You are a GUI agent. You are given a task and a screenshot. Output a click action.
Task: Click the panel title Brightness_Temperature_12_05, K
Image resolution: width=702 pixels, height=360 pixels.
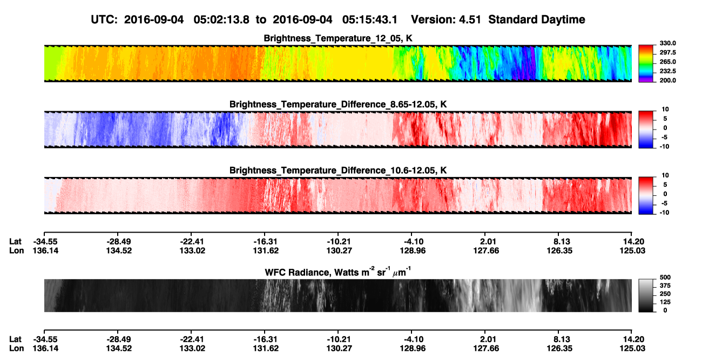click(x=338, y=38)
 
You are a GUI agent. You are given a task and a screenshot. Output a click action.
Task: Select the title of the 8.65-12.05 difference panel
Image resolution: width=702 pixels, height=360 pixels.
click(x=338, y=105)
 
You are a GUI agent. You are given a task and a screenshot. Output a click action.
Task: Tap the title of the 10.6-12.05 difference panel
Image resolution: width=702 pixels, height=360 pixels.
click(x=338, y=171)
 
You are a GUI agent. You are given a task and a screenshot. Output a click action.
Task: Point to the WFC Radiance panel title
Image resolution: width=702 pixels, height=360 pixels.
click(x=338, y=271)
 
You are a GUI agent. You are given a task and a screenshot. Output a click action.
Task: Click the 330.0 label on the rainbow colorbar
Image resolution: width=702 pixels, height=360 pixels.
click(x=667, y=43)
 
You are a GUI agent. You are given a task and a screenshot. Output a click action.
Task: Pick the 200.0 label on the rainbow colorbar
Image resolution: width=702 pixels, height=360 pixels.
click(x=667, y=80)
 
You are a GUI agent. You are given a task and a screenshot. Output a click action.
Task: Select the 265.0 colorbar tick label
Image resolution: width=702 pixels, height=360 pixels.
click(x=667, y=62)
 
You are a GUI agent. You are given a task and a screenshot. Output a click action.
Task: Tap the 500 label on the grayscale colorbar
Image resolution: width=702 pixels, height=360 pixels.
click(x=665, y=277)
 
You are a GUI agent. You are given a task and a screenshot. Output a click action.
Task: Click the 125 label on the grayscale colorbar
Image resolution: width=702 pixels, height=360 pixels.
click(x=665, y=302)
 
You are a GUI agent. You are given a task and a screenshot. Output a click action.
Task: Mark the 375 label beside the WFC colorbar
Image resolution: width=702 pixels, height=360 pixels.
click(x=665, y=286)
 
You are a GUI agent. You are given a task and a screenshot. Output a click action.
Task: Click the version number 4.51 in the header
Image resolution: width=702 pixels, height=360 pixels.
click(x=470, y=20)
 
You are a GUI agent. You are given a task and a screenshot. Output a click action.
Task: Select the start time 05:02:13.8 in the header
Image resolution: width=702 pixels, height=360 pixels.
click(x=221, y=20)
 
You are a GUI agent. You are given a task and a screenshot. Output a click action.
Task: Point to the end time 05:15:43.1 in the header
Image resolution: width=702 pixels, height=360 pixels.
click(x=370, y=20)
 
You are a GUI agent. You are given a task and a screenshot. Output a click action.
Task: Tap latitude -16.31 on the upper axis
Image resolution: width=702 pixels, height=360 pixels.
click(x=265, y=242)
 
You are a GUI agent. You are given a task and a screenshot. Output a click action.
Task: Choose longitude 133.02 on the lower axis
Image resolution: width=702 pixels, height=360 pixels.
click(x=192, y=349)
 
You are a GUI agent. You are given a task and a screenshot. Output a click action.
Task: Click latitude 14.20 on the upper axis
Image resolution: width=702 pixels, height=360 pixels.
click(x=633, y=242)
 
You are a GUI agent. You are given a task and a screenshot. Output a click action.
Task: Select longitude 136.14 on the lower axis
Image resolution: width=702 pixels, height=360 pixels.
click(x=45, y=349)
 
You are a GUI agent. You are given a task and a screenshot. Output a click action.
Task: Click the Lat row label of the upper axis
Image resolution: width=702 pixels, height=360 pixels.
click(x=15, y=242)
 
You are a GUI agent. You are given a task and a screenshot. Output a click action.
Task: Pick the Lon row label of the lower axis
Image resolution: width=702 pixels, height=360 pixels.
click(x=16, y=349)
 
